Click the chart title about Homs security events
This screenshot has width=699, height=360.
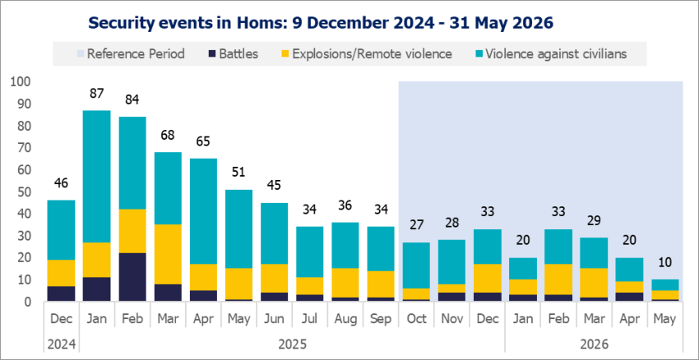(x=321, y=23)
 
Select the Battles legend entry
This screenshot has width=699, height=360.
(x=234, y=54)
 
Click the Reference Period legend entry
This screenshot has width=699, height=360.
(x=131, y=54)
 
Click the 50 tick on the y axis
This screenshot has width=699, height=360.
(x=24, y=192)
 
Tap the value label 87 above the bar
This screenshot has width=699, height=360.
(x=97, y=94)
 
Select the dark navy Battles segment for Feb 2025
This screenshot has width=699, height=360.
(x=132, y=277)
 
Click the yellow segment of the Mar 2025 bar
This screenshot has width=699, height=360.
(x=168, y=254)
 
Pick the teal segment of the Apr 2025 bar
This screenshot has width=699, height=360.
(x=203, y=211)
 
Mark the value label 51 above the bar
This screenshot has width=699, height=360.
(x=238, y=173)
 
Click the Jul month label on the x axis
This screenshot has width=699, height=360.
(x=309, y=319)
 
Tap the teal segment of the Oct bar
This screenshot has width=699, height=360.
(x=416, y=265)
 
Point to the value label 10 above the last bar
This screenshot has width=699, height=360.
(x=664, y=262)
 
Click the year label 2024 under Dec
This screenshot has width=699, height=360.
(x=61, y=344)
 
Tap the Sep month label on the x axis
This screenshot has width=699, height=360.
(x=380, y=319)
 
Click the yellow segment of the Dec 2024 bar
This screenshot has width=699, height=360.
(x=62, y=273)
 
